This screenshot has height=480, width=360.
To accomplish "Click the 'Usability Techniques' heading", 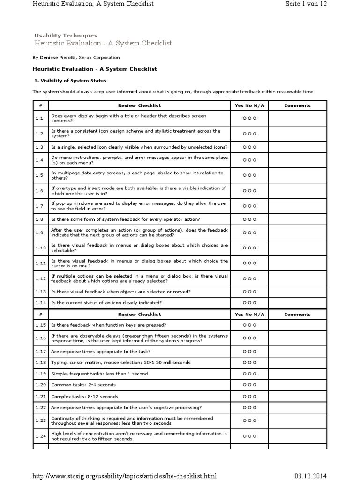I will tap(66, 36).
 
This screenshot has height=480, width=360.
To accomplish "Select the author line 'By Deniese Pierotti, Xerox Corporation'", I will tap(76, 58).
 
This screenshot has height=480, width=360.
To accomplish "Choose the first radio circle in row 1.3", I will tap(244, 147).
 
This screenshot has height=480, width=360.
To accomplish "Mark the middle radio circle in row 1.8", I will tap(249, 219).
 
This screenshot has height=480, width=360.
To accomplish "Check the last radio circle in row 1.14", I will tap(255, 303).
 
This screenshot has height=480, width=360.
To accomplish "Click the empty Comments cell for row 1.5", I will tap(297, 175).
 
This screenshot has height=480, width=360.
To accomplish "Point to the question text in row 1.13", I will tap(120, 292).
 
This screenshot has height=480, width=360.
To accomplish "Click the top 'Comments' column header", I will tap(297, 106).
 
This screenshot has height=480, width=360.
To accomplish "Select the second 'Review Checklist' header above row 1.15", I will tap(139, 315).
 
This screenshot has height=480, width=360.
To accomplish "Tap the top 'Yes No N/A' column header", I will tap(249, 106).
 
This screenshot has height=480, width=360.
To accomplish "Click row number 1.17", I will tap(40, 352).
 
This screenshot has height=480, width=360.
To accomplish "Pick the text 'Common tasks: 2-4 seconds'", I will tap(83, 385).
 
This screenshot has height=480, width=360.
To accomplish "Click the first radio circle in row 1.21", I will tap(244, 397).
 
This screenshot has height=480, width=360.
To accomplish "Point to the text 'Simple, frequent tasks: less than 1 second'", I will tap(99, 374).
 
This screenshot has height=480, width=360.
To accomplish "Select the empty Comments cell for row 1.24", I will tap(297, 436).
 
